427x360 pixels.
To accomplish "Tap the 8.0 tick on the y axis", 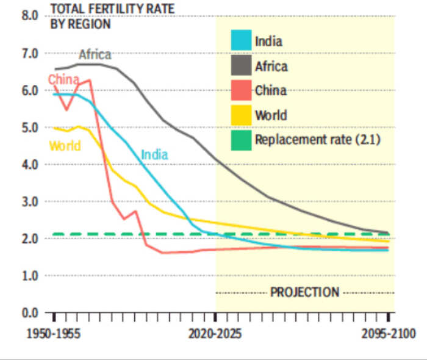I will click(29, 15).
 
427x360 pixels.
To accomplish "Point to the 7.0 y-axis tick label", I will click(29, 53).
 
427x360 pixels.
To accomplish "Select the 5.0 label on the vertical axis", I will click(29, 128).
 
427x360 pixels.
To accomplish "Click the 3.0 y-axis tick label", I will click(29, 201).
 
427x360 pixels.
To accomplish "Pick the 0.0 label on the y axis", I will click(29, 313).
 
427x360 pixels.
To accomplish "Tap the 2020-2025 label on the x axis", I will click(215, 334).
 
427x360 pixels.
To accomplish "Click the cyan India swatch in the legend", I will click(241, 41).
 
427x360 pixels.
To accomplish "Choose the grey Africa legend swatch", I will click(241, 66).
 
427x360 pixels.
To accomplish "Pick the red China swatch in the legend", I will click(241, 90).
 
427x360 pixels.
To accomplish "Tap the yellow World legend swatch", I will click(241, 115).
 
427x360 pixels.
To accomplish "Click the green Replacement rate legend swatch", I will click(241, 139).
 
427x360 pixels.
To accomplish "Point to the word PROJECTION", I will click(304, 292).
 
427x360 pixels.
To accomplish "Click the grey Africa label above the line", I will click(95, 55).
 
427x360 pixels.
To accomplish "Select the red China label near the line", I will click(63, 79).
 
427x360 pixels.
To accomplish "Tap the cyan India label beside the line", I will click(154, 154).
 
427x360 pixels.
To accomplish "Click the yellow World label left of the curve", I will click(65, 146).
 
